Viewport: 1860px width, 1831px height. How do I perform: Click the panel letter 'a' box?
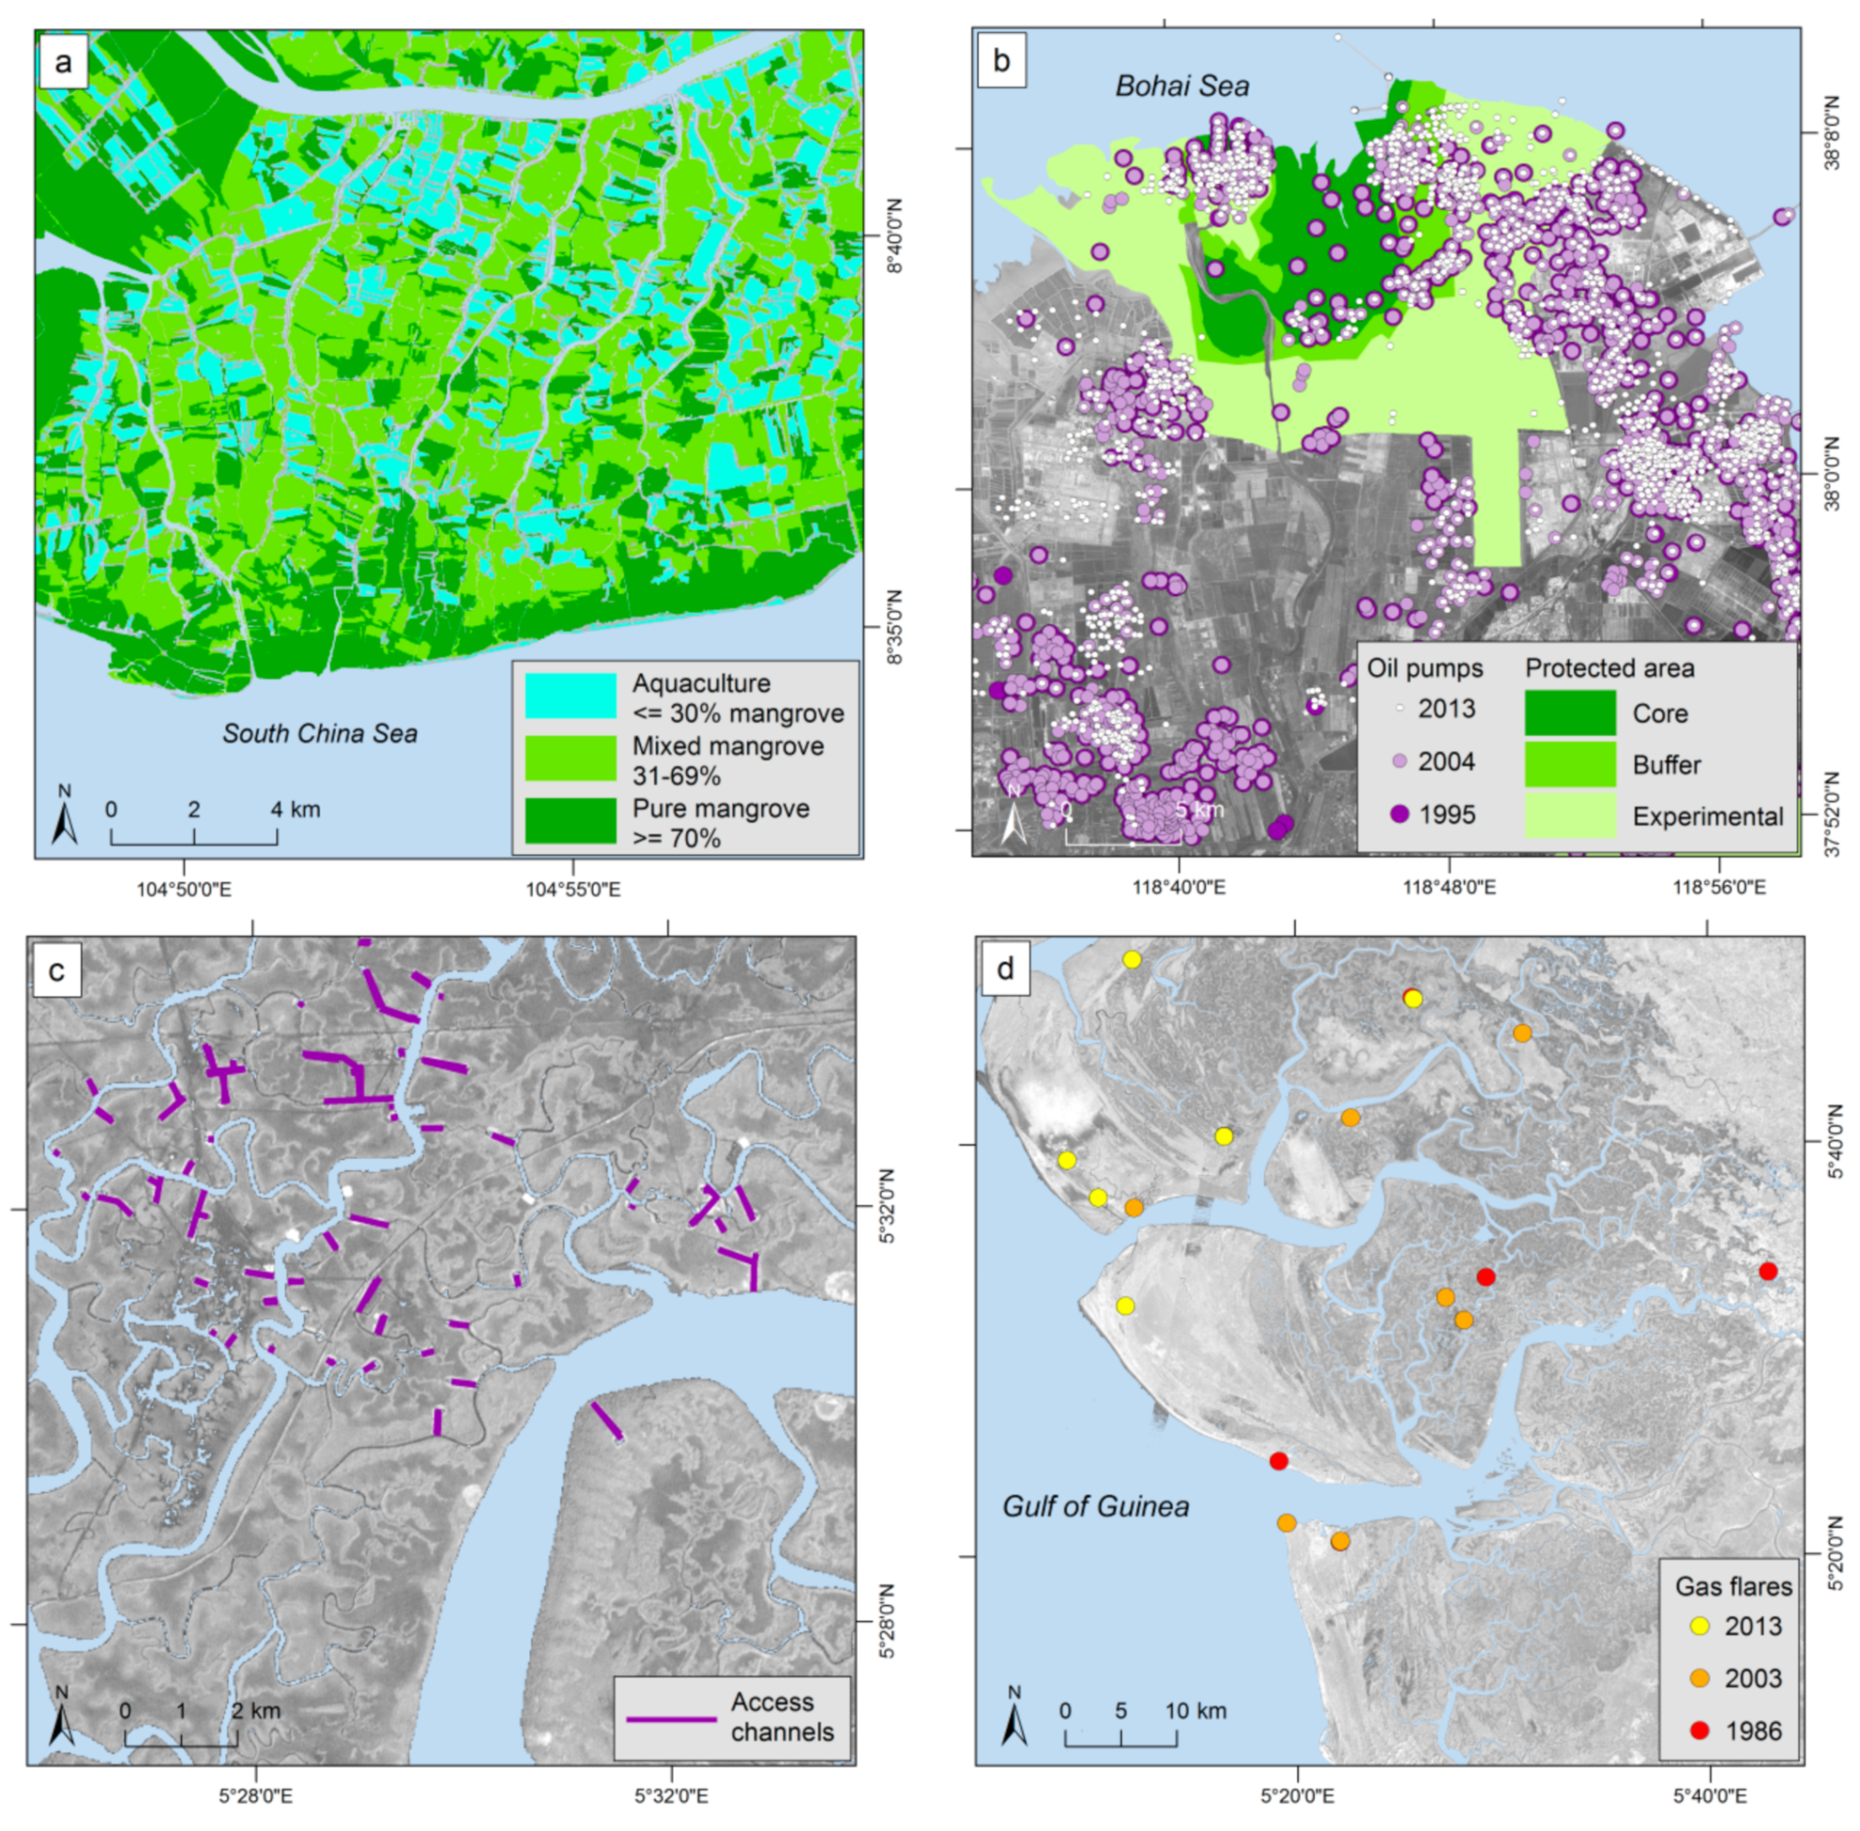coord(63,63)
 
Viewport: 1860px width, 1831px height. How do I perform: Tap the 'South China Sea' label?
coord(320,733)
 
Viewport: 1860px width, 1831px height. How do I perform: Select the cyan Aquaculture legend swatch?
coord(570,695)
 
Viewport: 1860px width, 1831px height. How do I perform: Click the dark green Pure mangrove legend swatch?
coord(570,820)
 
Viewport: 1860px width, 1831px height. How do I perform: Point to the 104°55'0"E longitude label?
coord(572,889)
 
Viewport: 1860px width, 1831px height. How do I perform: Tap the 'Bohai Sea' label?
coord(1182,87)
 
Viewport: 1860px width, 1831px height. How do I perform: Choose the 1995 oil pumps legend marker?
coord(1400,813)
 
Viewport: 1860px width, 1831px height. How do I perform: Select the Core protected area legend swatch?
coord(1570,712)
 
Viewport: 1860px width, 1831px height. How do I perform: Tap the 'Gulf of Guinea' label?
coord(1095,1506)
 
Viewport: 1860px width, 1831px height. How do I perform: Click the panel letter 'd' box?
coord(1005,969)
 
